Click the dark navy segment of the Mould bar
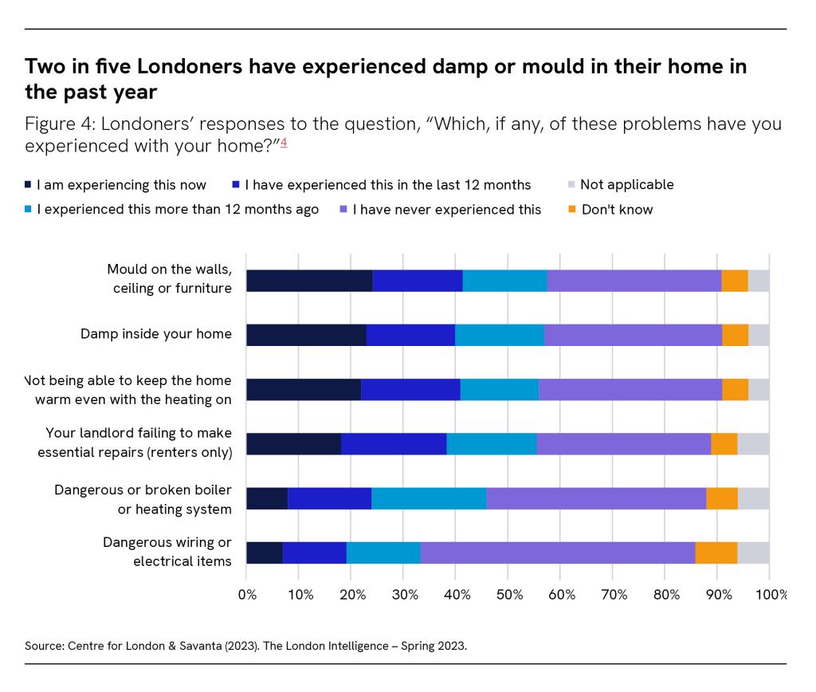point(309,281)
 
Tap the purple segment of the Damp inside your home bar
point(633,335)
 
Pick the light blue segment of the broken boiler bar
point(429,498)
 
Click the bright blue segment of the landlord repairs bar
point(394,444)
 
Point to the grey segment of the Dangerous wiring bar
point(753,552)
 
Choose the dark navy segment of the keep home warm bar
point(304,389)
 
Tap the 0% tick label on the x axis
point(248,595)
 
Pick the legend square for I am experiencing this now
point(29,185)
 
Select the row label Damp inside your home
point(155,334)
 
